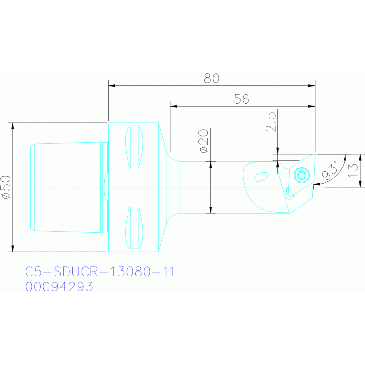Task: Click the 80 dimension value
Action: (212, 79)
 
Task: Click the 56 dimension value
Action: (242, 99)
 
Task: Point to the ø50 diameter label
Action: (6, 187)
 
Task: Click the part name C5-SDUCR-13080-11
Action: (100, 272)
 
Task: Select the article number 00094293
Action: (59, 287)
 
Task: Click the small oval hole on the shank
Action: (261, 177)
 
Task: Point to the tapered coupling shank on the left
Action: (67, 187)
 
